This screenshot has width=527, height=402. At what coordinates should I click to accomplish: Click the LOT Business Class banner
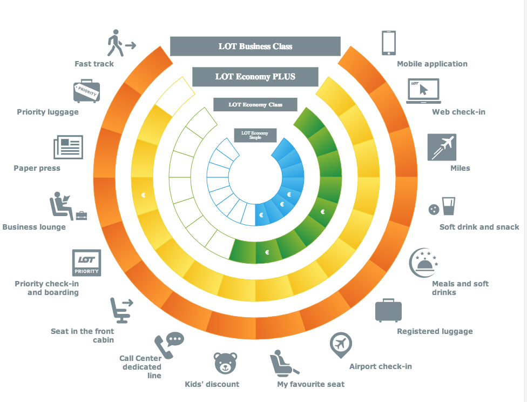[x=255, y=46]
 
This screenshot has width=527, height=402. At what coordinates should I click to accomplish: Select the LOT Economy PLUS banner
[x=255, y=77]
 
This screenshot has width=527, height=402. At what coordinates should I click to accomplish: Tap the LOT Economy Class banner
[x=255, y=104]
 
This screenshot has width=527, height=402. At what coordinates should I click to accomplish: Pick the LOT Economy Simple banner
[x=255, y=135]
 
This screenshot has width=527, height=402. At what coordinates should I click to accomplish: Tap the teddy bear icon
[x=226, y=363]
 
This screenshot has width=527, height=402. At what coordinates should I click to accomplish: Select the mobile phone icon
[x=389, y=43]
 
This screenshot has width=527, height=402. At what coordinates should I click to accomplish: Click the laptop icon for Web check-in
[x=423, y=91]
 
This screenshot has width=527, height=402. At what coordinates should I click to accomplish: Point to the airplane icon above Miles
[x=442, y=147]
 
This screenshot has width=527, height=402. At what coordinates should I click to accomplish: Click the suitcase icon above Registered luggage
[x=389, y=310]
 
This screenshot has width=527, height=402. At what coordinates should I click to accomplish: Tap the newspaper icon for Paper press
[x=68, y=148]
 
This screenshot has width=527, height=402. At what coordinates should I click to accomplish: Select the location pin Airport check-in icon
[x=341, y=345]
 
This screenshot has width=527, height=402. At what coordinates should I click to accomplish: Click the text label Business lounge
[x=34, y=227]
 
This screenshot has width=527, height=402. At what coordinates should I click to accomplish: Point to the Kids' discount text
[x=212, y=384]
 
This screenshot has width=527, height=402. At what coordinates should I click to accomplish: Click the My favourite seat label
[x=310, y=384]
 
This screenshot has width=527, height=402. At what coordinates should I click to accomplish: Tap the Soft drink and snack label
[x=479, y=227]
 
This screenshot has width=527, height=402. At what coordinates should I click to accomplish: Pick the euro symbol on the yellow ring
[x=144, y=195]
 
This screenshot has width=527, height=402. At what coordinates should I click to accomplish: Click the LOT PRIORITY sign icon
[x=86, y=263]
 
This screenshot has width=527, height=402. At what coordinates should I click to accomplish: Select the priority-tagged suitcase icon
[x=86, y=91]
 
